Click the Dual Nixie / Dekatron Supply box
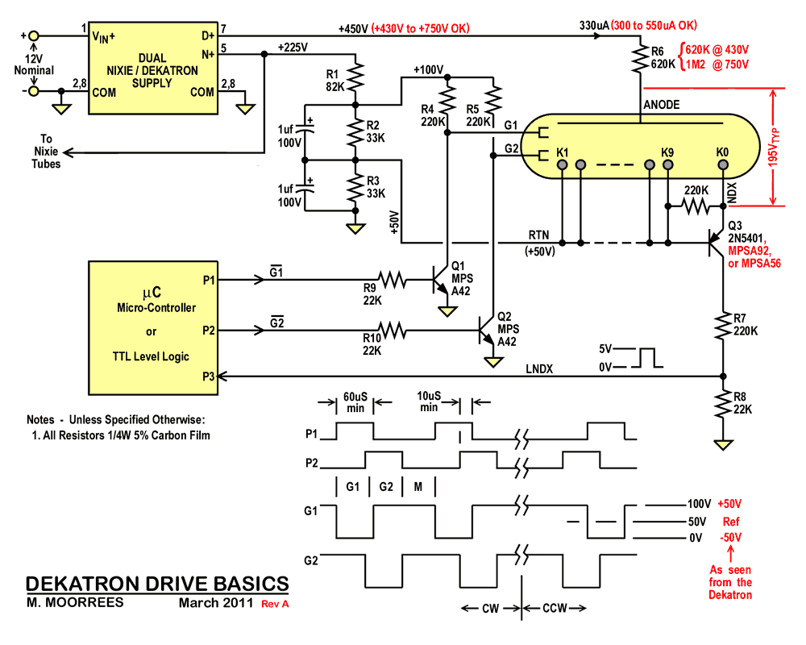pyautogui.click(x=152, y=64)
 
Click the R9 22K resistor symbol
pyautogui.click(x=393, y=280)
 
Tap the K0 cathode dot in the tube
pyautogui.click(x=722, y=166)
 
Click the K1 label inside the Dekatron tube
pyautogui.click(x=562, y=152)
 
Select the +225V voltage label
pyautogui.click(x=292, y=46)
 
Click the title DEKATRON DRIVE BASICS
pyautogui.click(x=157, y=583)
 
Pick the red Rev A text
pyautogui.click(x=273, y=603)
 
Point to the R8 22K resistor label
pyautogui.click(x=740, y=403)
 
